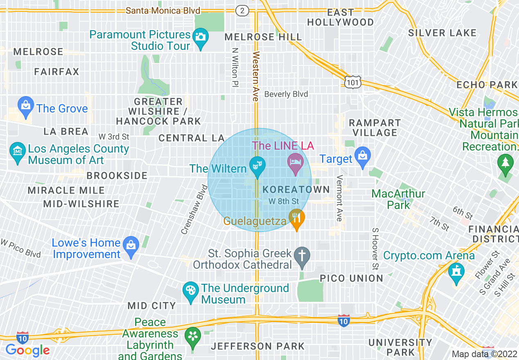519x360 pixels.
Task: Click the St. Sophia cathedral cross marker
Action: point(302,256)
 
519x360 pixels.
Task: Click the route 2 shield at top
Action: point(242,11)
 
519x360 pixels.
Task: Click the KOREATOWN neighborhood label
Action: point(296,189)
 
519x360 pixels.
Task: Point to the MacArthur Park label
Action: point(398,199)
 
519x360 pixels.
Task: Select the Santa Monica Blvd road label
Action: point(163,11)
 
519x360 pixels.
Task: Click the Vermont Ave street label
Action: point(339,198)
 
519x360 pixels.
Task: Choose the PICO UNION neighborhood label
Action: point(352,278)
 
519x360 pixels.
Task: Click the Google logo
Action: point(27,350)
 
